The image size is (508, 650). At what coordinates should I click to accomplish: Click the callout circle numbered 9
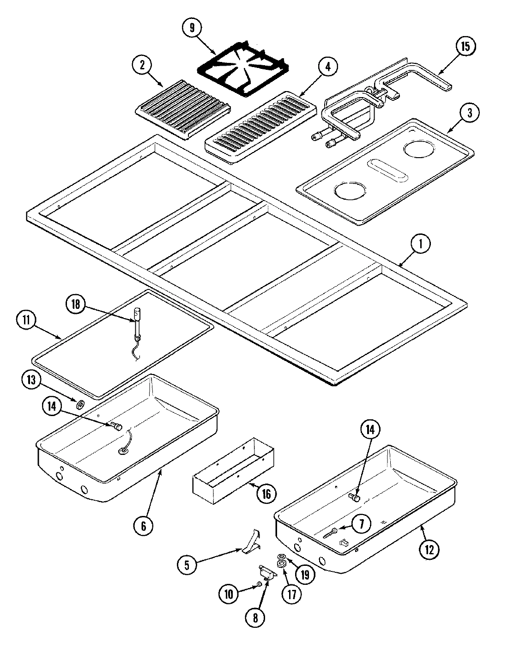(191, 28)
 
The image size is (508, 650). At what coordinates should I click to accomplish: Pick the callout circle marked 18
(75, 304)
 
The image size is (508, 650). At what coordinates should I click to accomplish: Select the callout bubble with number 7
(361, 523)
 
